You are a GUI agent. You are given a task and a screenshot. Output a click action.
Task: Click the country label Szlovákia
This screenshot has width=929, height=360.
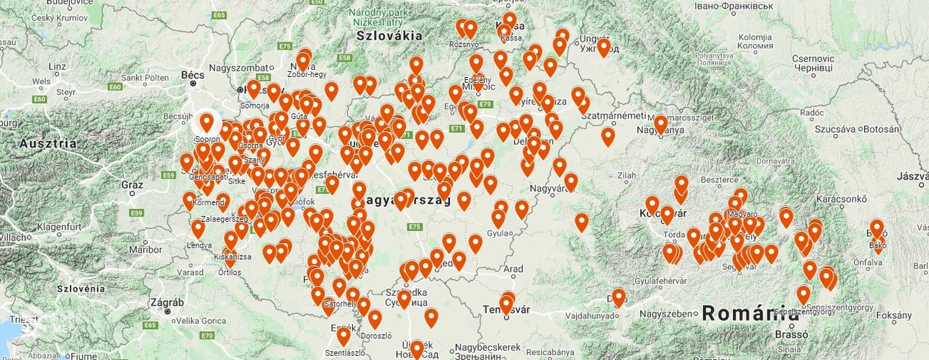[389, 35]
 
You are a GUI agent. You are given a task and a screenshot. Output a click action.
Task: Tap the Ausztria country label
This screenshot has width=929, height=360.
[48, 143]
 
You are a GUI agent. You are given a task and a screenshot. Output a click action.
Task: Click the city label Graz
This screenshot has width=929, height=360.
[132, 185]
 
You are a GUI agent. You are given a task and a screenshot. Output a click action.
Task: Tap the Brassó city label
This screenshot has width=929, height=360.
[786, 334]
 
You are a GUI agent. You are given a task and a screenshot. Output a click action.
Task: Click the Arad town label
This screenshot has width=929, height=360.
[513, 269]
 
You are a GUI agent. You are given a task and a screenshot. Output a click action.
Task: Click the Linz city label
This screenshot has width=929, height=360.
[57, 66]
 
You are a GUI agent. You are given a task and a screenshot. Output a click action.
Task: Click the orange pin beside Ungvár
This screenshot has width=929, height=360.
[603, 48]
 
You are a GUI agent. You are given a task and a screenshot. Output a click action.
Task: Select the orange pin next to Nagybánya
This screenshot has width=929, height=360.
[660, 124]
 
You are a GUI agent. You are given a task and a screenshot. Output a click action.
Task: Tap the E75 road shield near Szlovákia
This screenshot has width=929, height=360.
[284, 46]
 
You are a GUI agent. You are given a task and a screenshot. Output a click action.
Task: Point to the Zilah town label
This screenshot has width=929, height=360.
[626, 175]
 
